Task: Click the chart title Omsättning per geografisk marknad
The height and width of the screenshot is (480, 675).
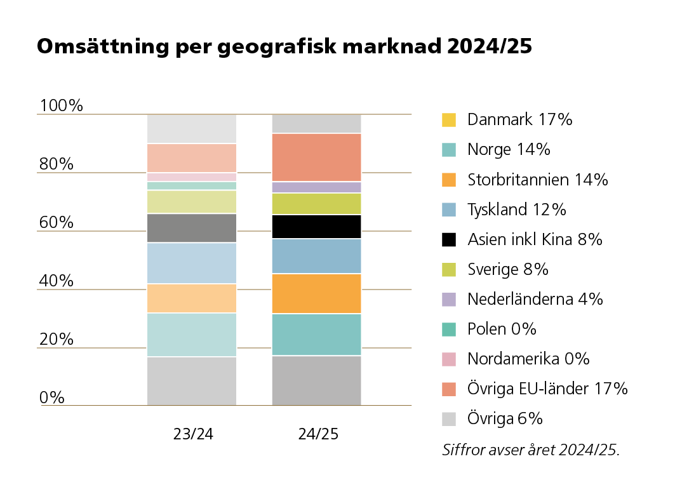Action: point(284,46)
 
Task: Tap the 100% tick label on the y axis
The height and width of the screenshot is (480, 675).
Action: point(61,105)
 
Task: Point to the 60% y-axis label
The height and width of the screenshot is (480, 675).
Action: point(57,222)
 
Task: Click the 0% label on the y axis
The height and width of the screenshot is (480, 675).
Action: point(52,397)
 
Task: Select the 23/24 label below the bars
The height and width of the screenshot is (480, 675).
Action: point(193,434)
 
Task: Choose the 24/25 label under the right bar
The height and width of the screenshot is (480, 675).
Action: point(318,434)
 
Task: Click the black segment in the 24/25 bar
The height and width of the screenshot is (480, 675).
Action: point(316,227)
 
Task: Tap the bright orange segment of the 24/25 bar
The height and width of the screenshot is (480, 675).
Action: point(316,293)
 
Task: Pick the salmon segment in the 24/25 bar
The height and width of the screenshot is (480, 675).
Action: point(316,157)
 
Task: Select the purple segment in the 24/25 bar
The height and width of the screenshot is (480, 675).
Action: point(316,187)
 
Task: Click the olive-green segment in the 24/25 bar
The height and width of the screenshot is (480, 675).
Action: point(316,204)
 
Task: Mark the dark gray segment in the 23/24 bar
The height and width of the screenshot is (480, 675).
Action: point(192,228)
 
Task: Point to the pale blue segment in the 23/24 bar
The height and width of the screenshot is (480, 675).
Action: point(192,263)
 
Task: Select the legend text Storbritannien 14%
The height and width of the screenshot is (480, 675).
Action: point(537,180)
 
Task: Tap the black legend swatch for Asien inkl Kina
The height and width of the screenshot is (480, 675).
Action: point(449,239)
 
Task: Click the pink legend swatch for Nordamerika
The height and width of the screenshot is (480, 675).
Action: point(449,359)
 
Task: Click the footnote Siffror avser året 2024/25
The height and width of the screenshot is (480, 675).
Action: point(530,450)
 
